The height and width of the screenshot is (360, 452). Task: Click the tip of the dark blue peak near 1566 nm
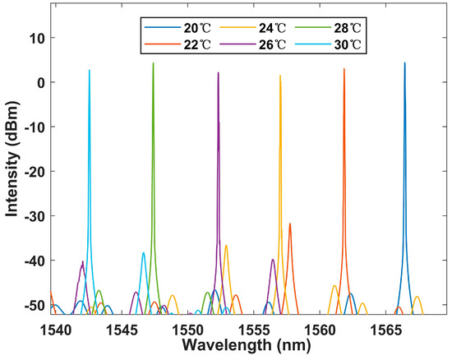404,62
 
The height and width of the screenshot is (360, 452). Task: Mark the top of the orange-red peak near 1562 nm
344,69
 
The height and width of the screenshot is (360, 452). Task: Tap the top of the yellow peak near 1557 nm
280,76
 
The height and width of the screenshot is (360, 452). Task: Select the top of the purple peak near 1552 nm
219,73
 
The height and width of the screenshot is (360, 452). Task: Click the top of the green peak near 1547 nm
153,63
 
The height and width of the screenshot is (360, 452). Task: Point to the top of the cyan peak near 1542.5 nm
90,71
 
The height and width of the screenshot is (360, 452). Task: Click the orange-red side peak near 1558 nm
289,224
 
